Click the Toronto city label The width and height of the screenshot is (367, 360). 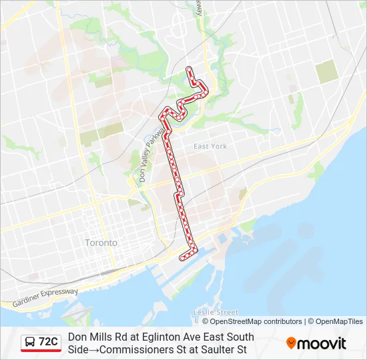(101, 243)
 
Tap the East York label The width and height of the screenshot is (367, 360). (210, 146)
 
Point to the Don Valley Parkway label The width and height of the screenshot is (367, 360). (147, 155)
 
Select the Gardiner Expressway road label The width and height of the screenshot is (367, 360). (45, 297)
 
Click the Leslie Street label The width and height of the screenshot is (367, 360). (215, 312)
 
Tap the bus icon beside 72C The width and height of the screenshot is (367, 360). (30, 343)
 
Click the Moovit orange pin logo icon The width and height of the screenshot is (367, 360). (291, 343)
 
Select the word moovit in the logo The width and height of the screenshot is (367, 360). (322, 343)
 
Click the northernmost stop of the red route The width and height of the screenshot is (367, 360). (189, 69)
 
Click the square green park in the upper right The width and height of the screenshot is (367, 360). (327, 71)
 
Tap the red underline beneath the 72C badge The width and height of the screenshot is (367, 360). (41, 351)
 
